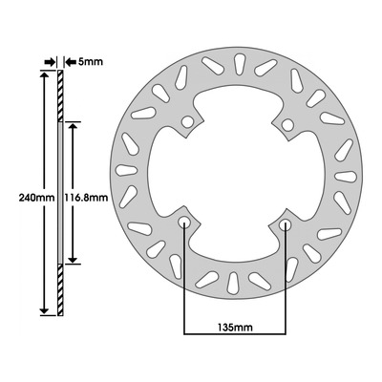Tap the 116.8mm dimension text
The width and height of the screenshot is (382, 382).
click(86, 198)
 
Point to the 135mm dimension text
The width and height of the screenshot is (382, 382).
click(235, 327)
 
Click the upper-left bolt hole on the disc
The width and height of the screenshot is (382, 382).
click(188, 122)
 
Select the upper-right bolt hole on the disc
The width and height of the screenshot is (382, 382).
click(287, 125)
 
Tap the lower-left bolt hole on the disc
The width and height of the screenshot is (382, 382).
click(184, 223)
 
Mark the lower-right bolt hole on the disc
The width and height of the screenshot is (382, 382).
click(285, 225)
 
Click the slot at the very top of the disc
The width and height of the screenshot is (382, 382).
click(239, 64)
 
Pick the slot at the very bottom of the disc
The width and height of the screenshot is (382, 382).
click(233, 283)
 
